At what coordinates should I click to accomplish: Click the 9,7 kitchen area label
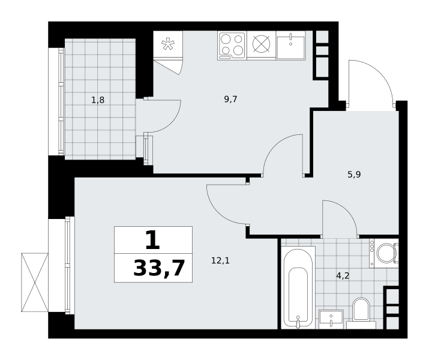pos(230,100)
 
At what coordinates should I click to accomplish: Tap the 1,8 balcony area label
pos(98,100)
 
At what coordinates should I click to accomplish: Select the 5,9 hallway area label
pos(354,174)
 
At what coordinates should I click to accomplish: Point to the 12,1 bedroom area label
pos(220,260)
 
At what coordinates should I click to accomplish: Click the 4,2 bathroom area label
pos(343,276)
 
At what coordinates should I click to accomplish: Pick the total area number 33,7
pos(159,268)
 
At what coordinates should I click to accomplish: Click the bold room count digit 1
pos(152,240)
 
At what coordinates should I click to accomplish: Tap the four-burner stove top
pos(232,46)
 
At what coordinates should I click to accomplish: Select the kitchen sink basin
pos(290,45)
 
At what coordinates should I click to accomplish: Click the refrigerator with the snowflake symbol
pos(168,44)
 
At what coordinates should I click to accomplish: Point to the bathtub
pos(298,287)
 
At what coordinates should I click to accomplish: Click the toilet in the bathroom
pos(361,313)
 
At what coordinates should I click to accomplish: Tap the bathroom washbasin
pos(331,320)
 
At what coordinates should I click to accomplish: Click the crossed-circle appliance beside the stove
pos(261,44)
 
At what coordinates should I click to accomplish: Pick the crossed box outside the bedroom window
pos(35,283)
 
